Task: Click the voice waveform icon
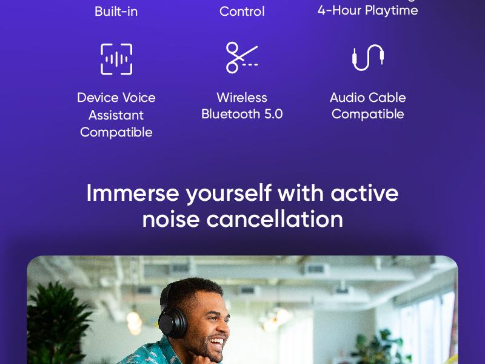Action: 116,59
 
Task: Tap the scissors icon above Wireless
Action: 241,58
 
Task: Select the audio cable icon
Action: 367,58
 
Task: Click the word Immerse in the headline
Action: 133,193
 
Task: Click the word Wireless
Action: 242,98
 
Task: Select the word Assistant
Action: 116,115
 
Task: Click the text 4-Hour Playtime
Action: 367,10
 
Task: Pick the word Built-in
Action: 116,11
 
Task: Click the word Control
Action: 242,11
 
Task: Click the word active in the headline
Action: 364,193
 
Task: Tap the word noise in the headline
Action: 171,219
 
